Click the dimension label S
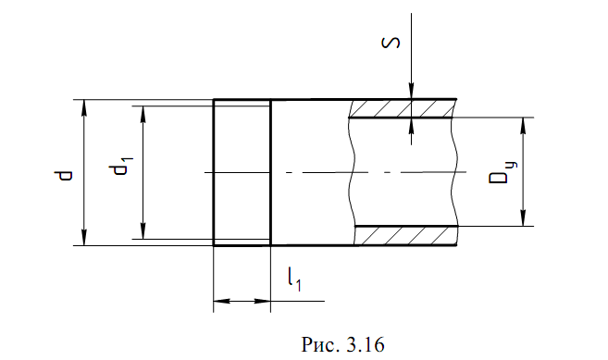pyautogui.click(x=391, y=43)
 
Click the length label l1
pyautogui.click(x=294, y=279)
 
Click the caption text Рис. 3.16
pyautogui.click(x=342, y=344)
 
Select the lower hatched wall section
pyautogui.click(x=405, y=235)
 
